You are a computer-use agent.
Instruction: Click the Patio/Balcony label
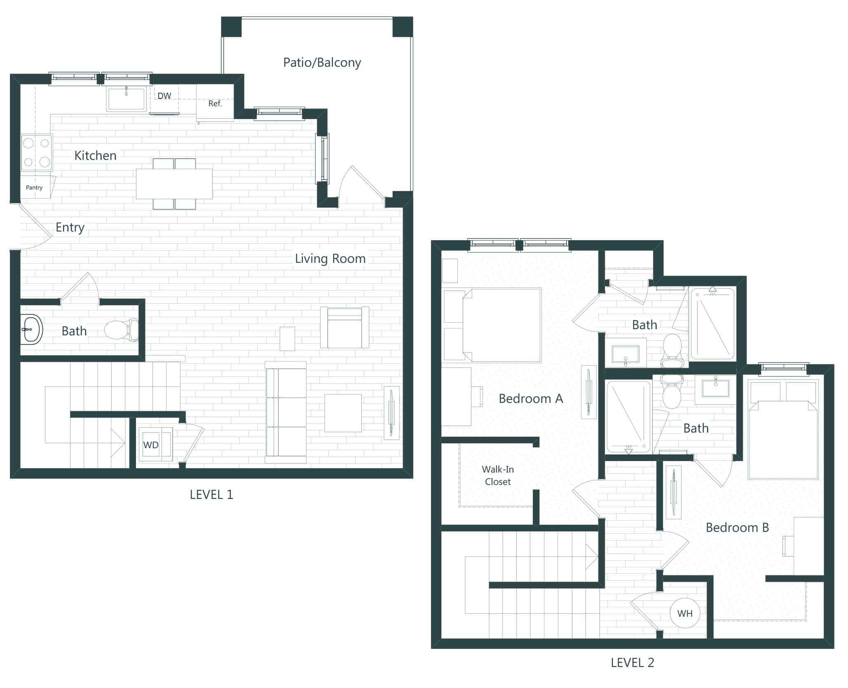point(322,63)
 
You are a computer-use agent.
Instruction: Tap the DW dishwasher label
point(164,96)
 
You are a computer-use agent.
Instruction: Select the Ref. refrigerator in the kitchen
point(215,103)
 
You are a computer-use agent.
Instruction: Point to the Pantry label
point(34,187)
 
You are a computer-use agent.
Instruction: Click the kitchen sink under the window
point(126,99)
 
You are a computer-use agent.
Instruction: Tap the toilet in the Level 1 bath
point(122,330)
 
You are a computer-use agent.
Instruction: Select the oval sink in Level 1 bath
point(31,330)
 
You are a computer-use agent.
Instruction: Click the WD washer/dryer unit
point(151,445)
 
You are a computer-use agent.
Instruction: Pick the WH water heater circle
point(684,613)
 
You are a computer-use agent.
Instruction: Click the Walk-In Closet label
point(497,475)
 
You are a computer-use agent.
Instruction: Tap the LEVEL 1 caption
point(211,495)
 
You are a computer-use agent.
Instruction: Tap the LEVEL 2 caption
point(632,662)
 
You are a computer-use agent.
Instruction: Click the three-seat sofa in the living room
point(286,412)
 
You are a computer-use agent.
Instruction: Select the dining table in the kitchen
point(174,184)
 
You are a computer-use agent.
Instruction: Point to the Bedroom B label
point(737,528)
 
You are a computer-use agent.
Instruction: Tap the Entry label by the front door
point(70,227)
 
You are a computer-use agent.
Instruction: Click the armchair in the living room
point(344,328)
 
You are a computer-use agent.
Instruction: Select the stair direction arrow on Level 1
point(118,443)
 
